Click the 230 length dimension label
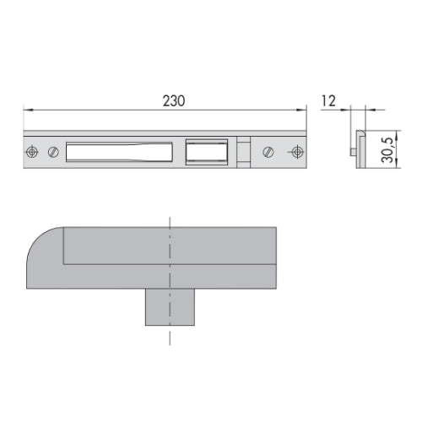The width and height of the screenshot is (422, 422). coord(174,101)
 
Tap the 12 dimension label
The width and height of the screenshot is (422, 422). coord(328,101)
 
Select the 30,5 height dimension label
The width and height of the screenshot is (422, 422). coord(387,150)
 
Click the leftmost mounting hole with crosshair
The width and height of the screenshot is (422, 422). coord(32,152)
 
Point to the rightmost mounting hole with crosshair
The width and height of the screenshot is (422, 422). coord(296,152)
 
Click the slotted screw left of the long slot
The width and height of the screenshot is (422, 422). coord(53,152)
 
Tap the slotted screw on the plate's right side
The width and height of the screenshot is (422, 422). coord(268,152)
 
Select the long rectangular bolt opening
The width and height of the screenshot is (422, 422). coord(119,152)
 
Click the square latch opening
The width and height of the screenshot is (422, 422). coord(207,152)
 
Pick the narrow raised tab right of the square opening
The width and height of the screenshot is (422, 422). coord(243,152)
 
